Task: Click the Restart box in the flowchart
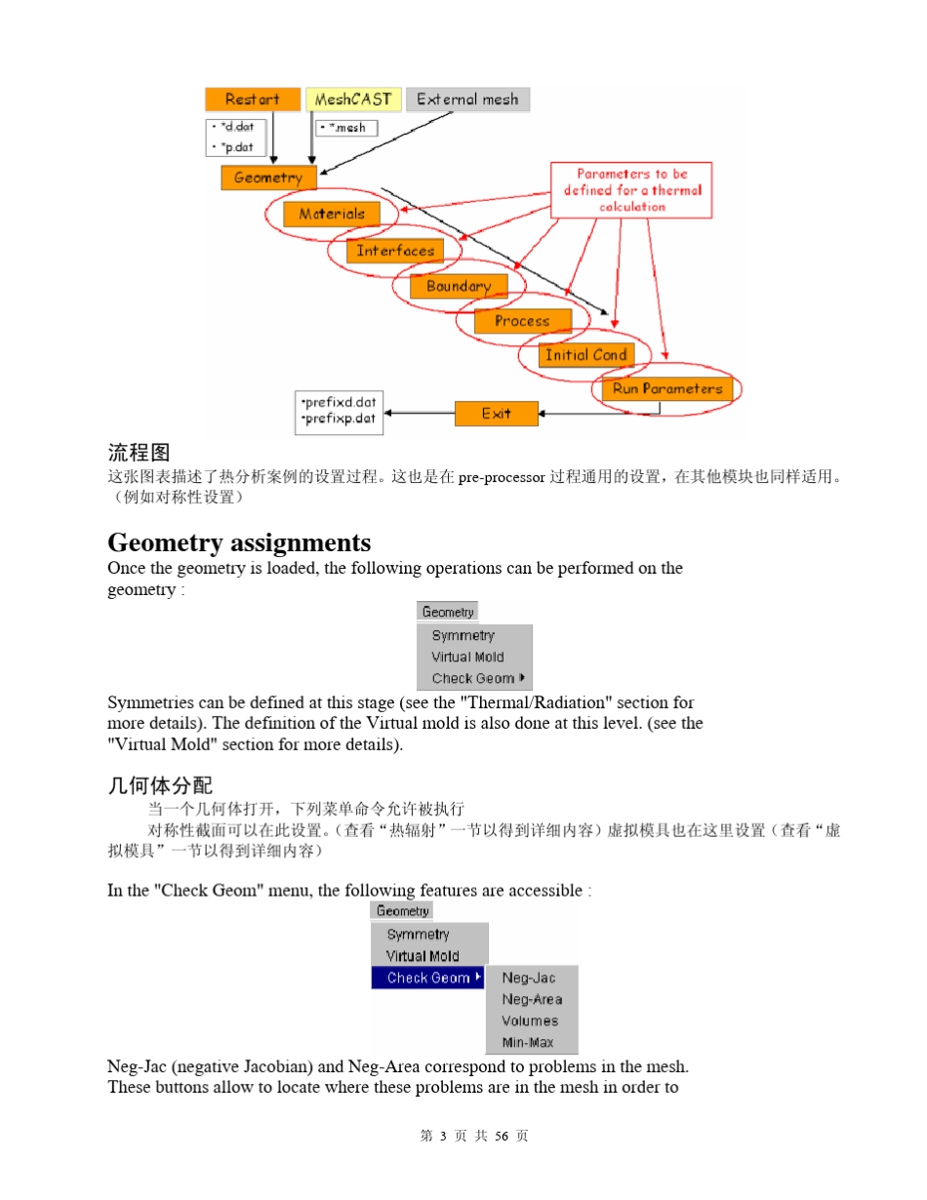252,100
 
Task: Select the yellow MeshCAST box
352,100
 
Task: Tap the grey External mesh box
467,100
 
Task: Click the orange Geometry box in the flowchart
268,178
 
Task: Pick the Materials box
332,214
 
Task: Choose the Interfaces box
395,251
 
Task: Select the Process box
522,321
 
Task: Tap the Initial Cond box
585,355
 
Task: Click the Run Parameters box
667,388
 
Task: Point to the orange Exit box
496,414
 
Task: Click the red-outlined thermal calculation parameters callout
631,190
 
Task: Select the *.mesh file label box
346,128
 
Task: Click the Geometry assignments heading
239,542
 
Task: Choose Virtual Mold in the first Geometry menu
467,658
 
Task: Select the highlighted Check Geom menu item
428,978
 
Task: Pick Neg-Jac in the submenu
529,978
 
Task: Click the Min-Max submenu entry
528,1043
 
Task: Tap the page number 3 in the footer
443,1137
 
